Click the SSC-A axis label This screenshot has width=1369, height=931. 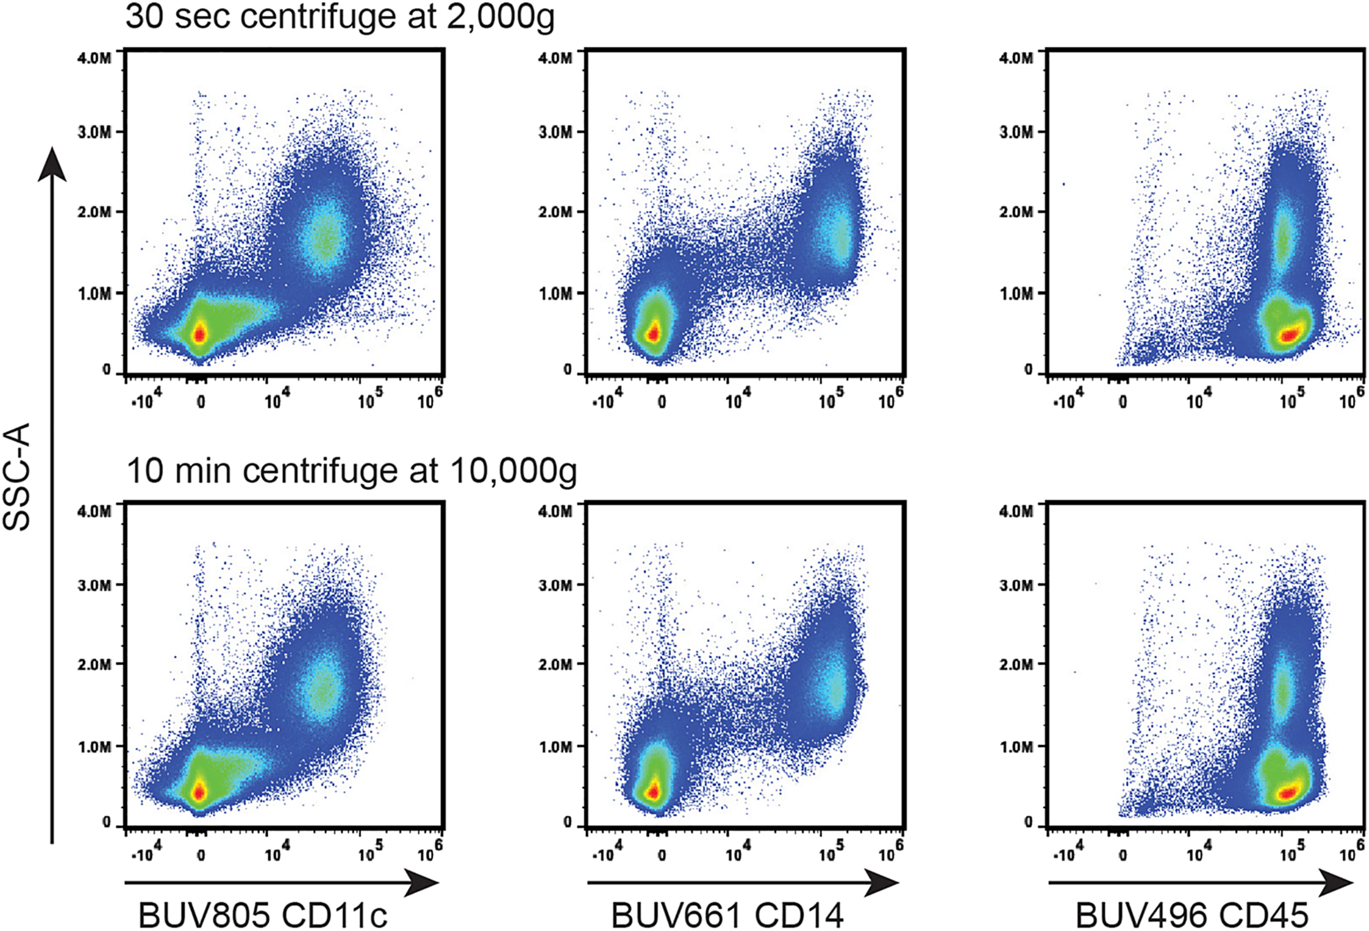click(17, 476)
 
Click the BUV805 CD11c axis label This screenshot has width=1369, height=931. click(262, 914)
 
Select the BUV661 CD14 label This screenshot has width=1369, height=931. click(727, 914)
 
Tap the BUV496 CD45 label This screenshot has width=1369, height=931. click(1192, 914)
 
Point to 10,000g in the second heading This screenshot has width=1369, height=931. click(513, 471)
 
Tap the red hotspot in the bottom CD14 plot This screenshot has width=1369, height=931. click(653, 791)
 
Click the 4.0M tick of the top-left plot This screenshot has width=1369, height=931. click(94, 58)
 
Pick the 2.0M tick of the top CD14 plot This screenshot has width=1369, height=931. click(555, 212)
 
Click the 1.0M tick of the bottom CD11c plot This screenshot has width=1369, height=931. click(94, 747)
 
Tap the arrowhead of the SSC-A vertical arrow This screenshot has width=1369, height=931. click(52, 164)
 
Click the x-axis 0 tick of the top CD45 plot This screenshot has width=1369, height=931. click(1122, 402)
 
